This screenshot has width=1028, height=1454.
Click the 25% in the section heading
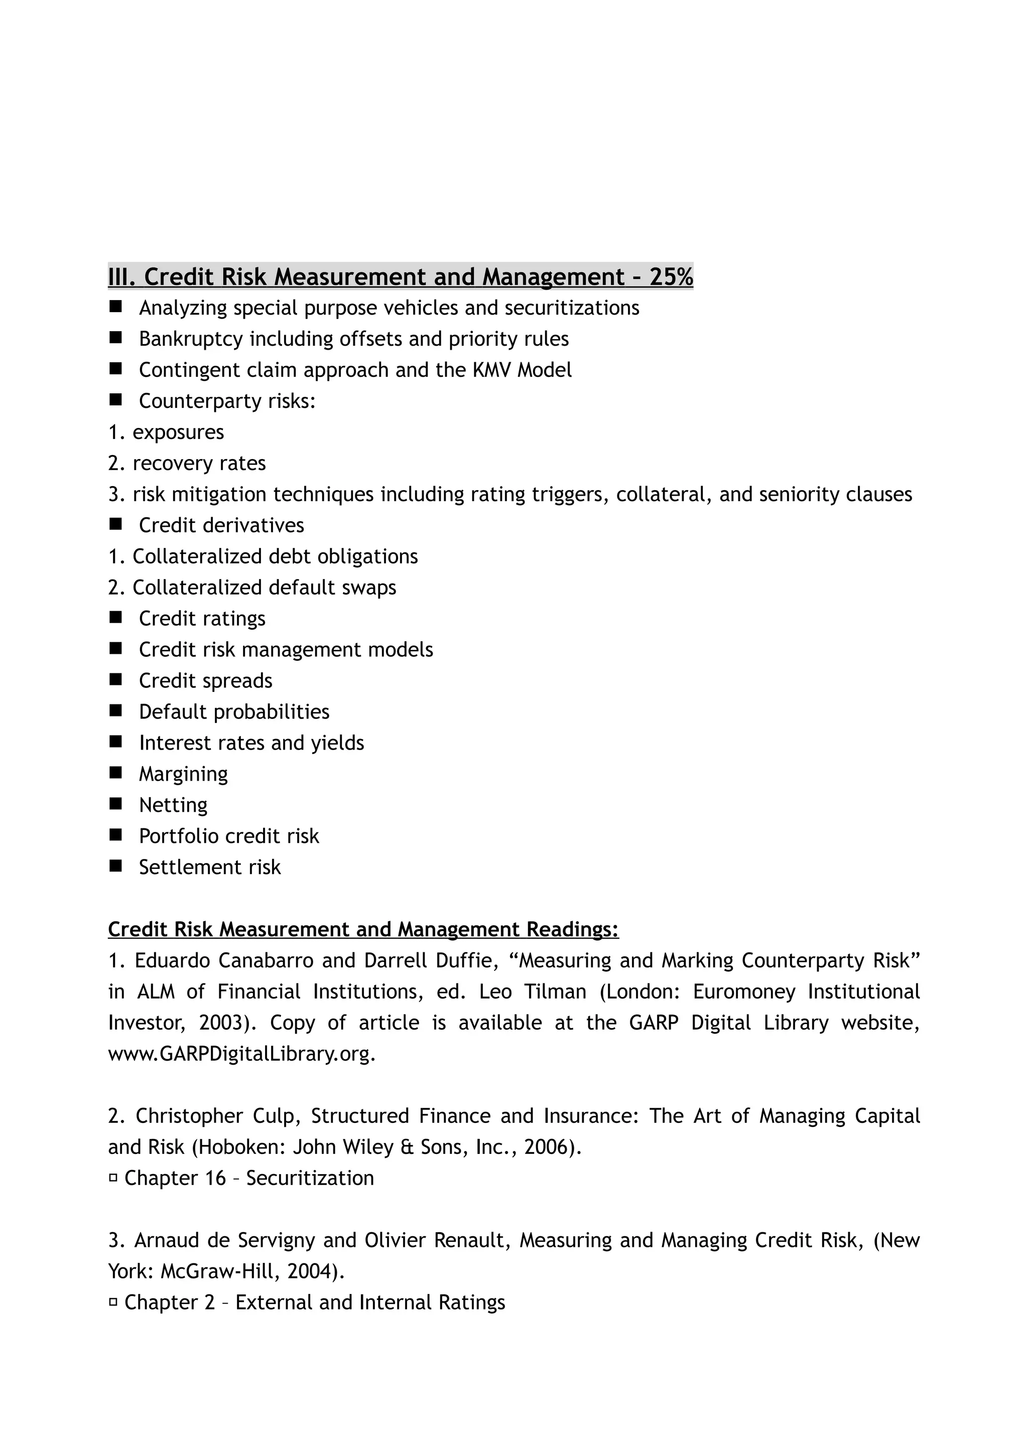(x=671, y=277)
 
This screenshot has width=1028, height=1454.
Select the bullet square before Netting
(x=115, y=804)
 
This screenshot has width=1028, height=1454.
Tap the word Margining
(x=183, y=774)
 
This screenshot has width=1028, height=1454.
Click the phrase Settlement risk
(x=210, y=867)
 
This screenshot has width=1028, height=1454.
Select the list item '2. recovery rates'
(x=187, y=463)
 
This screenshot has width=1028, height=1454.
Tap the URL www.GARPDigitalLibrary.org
(x=242, y=1054)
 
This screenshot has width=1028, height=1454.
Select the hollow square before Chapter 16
(x=113, y=1178)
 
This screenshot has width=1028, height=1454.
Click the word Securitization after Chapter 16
(x=310, y=1178)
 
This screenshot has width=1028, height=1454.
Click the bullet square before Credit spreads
(x=115, y=679)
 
